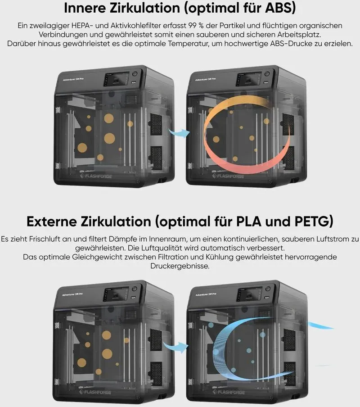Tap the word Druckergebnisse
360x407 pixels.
coord(180,266)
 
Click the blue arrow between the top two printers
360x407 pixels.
coord(180,133)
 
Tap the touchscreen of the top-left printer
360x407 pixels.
coord(116,79)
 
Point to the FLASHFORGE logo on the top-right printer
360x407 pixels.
coord(228,176)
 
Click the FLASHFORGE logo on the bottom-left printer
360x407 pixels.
coord(95,392)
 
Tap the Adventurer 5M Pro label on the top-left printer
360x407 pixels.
coord(73,79)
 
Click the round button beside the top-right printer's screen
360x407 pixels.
coord(267,74)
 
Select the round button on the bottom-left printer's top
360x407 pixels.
coord(135,289)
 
